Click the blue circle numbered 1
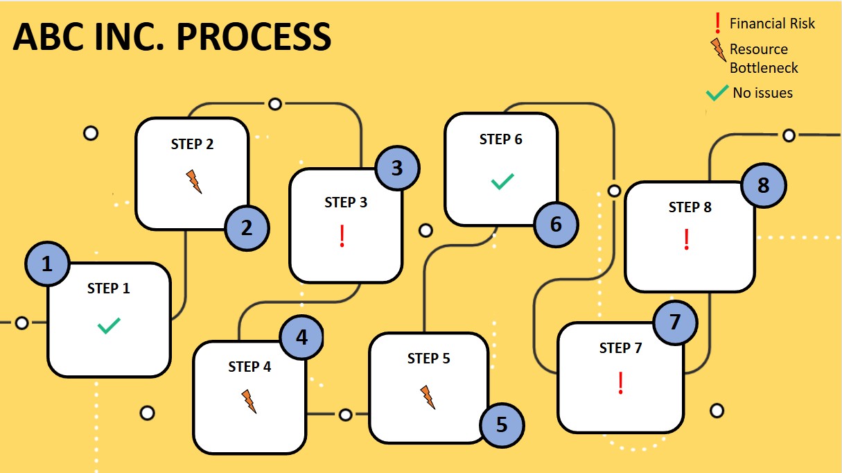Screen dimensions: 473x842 coord(47,264)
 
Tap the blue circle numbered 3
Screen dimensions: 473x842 coord(396,169)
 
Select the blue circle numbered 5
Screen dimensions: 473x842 coord(502,424)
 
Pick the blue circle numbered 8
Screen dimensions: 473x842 coord(763,186)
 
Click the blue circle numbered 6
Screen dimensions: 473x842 coord(556,225)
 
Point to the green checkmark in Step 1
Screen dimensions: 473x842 coord(109,325)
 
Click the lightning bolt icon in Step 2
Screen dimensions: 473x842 coord(194,182)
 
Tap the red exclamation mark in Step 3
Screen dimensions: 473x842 coord(342,237)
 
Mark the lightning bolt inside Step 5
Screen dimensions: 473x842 coord(428,397)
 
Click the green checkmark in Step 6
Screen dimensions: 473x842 coord(502,182)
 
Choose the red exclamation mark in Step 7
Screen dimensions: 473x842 coord(621,383)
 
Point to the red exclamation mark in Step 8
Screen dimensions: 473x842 coord(687,239)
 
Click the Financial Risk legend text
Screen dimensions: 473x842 coord(772,24)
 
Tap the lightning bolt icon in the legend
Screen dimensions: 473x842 coord(718,51)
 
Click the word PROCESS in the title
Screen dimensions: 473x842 coord(254,37)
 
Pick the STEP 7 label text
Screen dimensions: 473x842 coord(620,347)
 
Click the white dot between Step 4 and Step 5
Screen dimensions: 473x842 coord(345,415)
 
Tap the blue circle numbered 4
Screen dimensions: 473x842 coord(301,338)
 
